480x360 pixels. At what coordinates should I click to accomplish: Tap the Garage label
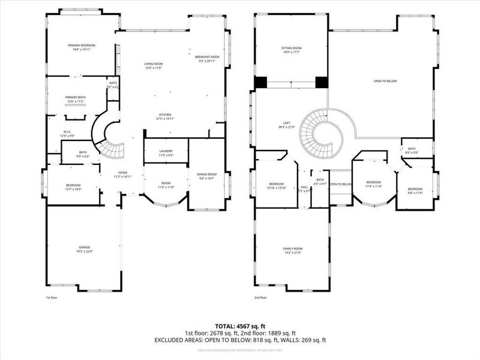[84, 249]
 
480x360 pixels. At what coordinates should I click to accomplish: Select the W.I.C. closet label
[67, 134]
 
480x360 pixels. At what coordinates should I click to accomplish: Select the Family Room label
[293, 250]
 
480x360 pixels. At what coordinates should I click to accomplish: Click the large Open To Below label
[385, 81]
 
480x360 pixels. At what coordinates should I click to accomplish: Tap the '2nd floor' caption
[260, 298]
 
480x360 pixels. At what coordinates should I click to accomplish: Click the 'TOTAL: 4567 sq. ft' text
[240, 326]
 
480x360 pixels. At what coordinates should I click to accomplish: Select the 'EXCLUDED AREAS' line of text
[240, 340]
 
